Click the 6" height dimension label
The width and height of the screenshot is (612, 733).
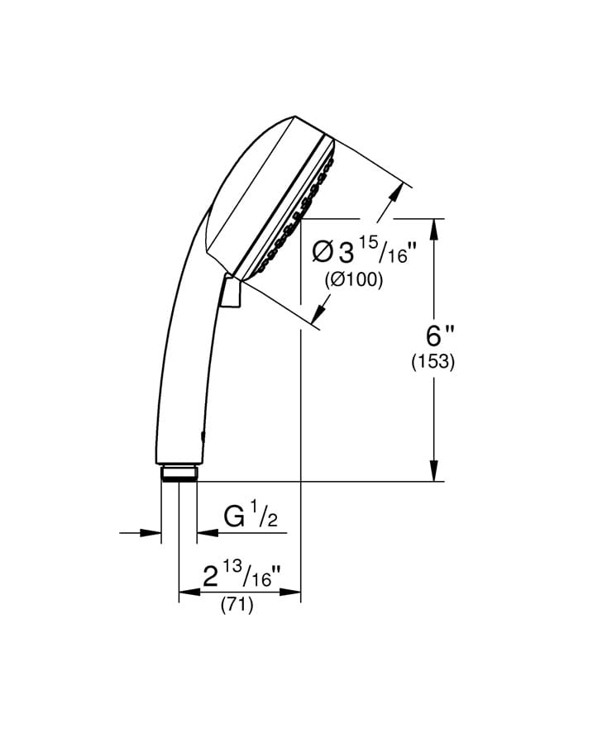click(x=439, y=336)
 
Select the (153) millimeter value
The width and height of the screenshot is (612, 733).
click(x=433, y=362)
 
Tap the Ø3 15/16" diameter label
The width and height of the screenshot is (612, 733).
click(x=365, y=250)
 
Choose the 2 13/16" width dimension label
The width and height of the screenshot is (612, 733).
click(x=241, y=574)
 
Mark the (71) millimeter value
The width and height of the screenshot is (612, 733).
click(x=237, y=605)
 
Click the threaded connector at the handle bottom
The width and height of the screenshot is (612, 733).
click(x=179, y=472)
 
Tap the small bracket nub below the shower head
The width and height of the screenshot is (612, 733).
click(x=231, y=293)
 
